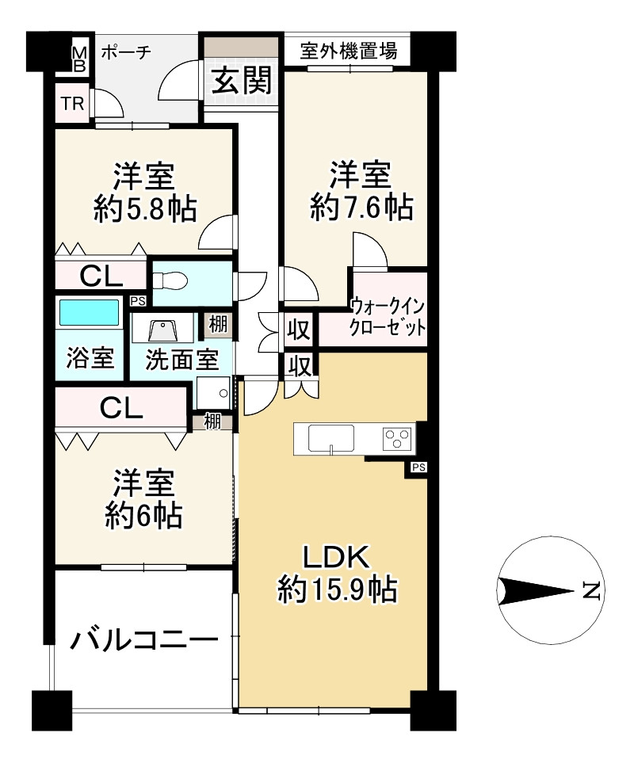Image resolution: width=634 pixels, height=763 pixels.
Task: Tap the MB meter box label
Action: click(78, 59)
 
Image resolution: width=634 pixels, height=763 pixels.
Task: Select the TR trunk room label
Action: click(72, 103)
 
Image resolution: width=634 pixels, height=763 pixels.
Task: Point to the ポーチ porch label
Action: click(126, 52)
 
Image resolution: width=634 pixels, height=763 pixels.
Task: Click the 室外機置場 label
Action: click(349, 51)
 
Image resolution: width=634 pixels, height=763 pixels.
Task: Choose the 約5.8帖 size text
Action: click(145, 209)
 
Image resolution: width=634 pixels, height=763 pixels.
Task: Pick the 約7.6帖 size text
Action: click(361, 208)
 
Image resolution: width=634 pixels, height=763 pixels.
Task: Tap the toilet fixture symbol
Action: click(170, 280)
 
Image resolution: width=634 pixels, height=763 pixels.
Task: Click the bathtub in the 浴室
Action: click(89, 312)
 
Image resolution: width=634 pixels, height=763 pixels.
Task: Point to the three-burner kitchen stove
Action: click(398, 439)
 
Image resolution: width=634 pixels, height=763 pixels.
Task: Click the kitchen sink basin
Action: click(331, 438)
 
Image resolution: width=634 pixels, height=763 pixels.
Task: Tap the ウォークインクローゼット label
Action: click(388, 317)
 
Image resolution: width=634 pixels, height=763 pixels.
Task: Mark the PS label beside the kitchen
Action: click(418, 467)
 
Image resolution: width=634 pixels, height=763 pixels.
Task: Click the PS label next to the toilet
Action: click(138, 301)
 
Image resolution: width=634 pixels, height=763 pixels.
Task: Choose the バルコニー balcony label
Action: click(144, 639)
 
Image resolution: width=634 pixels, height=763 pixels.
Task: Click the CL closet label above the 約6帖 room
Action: click(121, 408)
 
